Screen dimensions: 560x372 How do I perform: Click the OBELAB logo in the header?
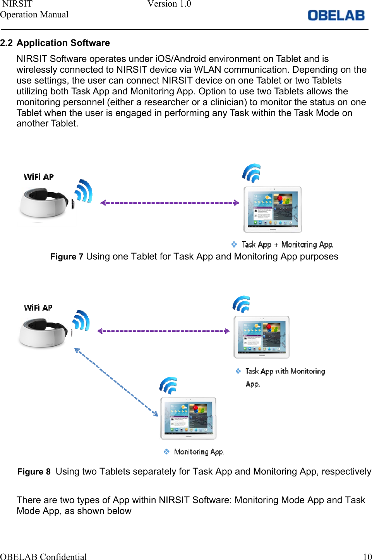(336, 15)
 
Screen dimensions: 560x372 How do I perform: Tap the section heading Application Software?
(63, 43)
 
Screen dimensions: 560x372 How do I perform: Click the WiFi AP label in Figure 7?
(39, 177)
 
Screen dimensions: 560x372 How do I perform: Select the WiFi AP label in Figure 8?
(38, 308)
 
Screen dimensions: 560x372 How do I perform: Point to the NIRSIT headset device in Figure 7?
(44, 203)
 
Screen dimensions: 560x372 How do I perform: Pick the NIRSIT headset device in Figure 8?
(43, 333)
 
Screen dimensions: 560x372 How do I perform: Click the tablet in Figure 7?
(273, 210)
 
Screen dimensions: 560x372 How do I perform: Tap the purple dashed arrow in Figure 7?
(170, 203)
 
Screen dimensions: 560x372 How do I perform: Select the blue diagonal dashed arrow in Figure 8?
(116, 382)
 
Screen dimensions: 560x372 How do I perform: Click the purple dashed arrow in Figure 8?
(163, 331)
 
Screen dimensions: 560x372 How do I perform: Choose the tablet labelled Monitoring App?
(189, 418)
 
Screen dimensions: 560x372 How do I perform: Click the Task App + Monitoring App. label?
(287, 245)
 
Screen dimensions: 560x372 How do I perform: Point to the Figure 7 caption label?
(67, 257)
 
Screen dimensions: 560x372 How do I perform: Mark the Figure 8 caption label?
(34, 472)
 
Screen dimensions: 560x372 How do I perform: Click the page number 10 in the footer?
(367, 557)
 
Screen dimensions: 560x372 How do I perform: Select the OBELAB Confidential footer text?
(43, 557)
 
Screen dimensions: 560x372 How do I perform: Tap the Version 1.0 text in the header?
(169, 4)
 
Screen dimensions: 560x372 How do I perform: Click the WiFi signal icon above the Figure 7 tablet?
(252, 173)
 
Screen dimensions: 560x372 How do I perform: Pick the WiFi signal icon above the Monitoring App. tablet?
(168, 385)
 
